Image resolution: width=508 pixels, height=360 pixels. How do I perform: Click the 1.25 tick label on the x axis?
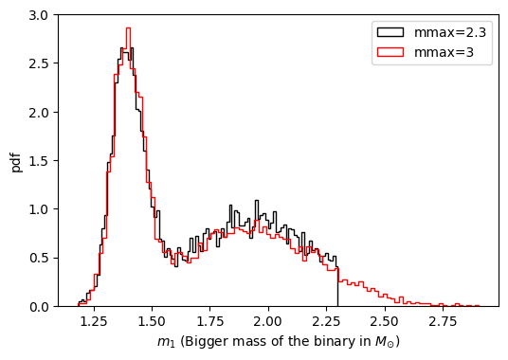pyautogui.click(x=94, y=322)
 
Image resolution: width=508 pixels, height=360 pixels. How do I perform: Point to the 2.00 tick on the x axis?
pyautogui.click(x=268, y=322)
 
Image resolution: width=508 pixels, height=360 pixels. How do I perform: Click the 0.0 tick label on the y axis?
pyautogui.click(x=40, y=307)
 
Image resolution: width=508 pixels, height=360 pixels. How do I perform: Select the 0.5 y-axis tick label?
pyautogui.click(x=40, y=259)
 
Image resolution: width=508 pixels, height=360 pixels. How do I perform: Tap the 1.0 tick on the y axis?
pyautogui.click(x=40, y=209)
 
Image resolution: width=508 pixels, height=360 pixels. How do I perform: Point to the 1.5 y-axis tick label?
pyautogui.click(x=40, y=161)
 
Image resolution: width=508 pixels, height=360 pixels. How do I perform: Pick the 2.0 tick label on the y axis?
pyautogui.click(x=40, y=113)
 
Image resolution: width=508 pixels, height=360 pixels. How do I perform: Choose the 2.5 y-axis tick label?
pyautogui.click(x=40, y=64)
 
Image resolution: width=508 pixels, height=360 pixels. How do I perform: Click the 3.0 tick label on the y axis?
pyautogui.click(x=40, y=16)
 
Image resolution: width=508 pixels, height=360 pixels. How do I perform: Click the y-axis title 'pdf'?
pyautogui.click(x=15, y=161)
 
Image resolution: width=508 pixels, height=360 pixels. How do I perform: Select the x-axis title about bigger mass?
pyautogui.click(x=279, y=342)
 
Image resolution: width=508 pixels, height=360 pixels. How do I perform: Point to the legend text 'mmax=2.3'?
pyautogui.click(x=452, y=33)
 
